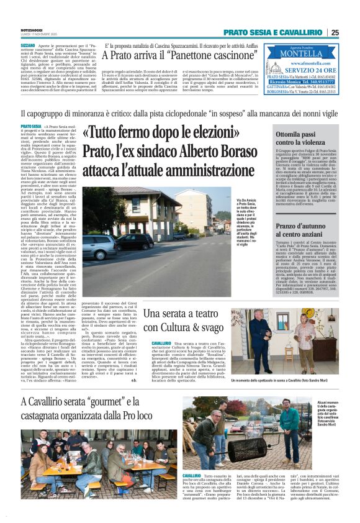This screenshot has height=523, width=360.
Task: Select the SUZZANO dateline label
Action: point(29,46)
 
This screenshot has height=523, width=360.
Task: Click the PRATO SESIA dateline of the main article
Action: point(31,126)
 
